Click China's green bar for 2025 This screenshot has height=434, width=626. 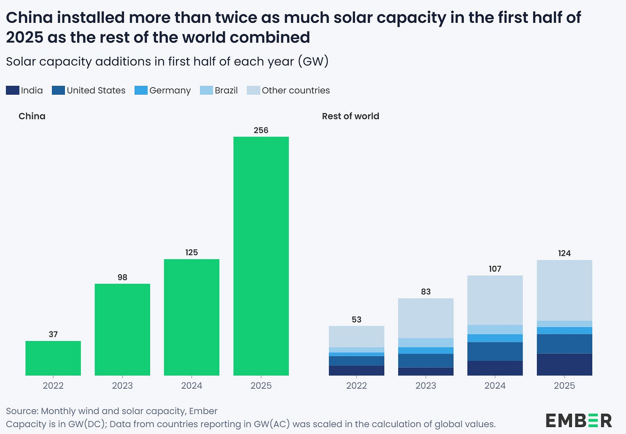point(261,256)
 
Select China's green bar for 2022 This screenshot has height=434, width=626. point(53,358)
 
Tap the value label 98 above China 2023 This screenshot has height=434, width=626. point(123,277)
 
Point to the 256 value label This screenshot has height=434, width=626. point(261,130)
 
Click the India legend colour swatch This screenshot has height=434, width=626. point(12,90)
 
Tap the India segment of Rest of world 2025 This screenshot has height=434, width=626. point(564,364)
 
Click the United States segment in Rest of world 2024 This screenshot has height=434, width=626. point(495,351)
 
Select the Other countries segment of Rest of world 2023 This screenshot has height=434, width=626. point(426,318)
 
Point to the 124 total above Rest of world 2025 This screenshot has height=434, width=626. point(564,253)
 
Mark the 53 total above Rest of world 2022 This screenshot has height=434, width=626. point(356,319)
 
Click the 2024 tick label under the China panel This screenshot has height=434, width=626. point(192,385)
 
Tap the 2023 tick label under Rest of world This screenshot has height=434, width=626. point(426,385)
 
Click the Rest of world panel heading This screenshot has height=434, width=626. point(350,116)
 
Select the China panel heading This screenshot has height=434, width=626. point(32,116)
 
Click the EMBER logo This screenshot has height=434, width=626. point(579,420)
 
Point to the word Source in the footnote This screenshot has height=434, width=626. point(22,411)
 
